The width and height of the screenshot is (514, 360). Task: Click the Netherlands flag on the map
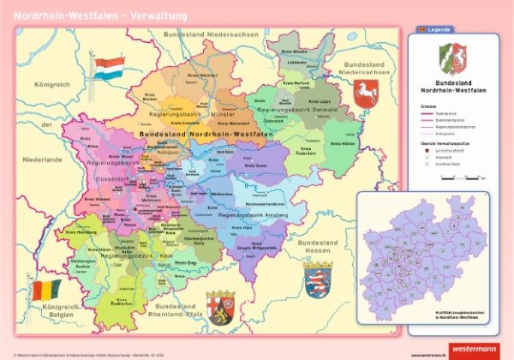[110, 69]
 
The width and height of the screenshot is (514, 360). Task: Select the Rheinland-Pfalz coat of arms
[220, 305]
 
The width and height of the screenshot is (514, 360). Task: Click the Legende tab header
[436, 29]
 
